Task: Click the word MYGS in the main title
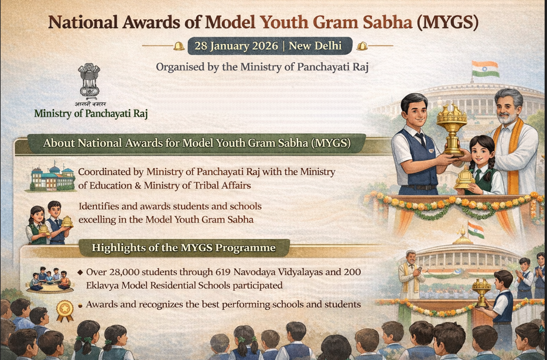click(447, 22)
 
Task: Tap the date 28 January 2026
click(236, 46)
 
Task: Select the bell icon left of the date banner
click(179, 46)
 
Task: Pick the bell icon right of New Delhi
click(362, 46)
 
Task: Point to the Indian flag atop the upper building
click(486, 69)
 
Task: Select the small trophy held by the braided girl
click(464, 178)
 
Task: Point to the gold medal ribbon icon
click(65, 311)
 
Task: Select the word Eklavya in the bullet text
click(102, 285)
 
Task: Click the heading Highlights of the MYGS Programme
click(184, 248)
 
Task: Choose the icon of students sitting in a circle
click(50, 280)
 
